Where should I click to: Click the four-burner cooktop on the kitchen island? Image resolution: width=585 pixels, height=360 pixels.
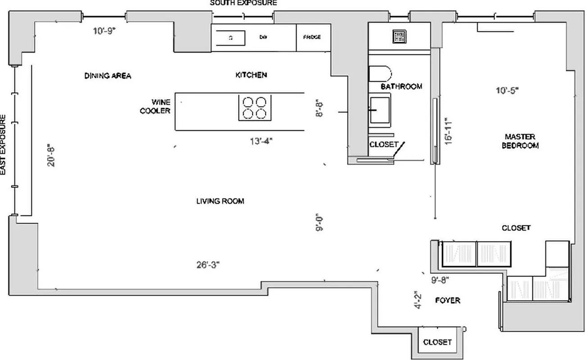coord(254,108)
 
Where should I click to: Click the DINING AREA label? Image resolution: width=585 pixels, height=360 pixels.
coord(108,76)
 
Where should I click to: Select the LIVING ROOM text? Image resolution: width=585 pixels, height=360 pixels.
coord(220,201)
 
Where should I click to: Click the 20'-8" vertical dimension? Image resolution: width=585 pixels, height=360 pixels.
coord(52,155)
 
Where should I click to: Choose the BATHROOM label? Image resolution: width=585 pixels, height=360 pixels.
coord(401,86)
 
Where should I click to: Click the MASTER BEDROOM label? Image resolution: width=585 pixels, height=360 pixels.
coord(520,141)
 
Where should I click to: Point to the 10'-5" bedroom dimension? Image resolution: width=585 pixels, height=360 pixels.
coord(508,90)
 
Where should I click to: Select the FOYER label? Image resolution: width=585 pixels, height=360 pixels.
coord(448,300)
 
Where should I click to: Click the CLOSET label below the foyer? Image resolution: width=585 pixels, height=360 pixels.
coord(437,342)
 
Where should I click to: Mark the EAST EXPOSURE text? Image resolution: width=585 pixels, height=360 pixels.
coord(4,144)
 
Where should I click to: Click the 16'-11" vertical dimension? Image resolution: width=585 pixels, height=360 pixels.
coord(446,131)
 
